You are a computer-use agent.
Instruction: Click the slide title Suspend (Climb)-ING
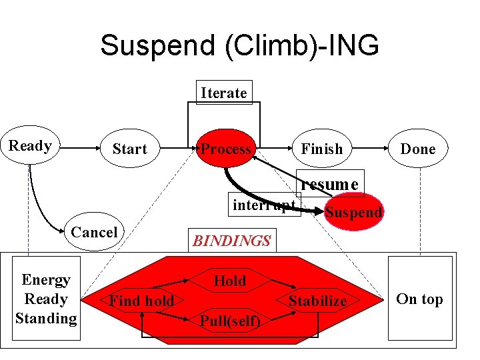239,46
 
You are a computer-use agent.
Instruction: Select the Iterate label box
223,93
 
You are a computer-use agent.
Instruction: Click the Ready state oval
31,146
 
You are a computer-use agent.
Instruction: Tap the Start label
129,149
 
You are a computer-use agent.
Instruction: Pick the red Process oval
227,149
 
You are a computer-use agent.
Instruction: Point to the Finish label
321,149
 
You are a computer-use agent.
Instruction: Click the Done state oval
418,149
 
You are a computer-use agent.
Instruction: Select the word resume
330,183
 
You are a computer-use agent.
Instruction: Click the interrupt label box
264,205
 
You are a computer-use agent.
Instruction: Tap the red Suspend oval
353,213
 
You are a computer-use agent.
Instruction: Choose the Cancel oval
94,233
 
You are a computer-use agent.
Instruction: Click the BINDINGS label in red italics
231,241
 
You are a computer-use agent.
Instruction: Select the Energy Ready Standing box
46,299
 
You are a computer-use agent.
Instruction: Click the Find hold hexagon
141,301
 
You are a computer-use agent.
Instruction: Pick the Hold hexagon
230,281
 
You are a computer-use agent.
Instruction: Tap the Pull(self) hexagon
230,321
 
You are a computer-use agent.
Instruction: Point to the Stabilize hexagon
317,301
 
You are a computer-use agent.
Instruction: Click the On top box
420,299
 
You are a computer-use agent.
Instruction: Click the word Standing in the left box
46,318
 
